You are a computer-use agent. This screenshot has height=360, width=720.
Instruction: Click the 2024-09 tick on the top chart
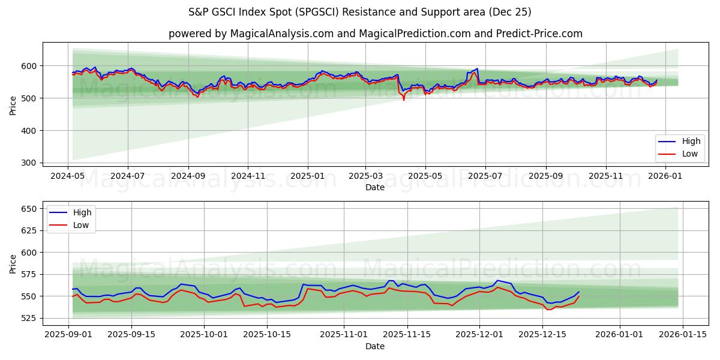point(188,176)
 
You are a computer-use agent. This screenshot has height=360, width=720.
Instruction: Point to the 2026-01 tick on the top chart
point(665,176)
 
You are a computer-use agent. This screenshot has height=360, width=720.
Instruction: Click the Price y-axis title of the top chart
point(13,106)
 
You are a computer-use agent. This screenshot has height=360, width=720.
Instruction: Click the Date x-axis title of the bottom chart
point(375,346)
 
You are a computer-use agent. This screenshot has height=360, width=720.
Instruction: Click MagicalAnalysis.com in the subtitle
point(282,34)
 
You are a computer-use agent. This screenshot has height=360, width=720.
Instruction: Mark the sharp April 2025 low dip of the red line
point(404,100)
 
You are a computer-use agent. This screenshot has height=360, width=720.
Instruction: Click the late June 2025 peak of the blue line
point(477,68)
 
